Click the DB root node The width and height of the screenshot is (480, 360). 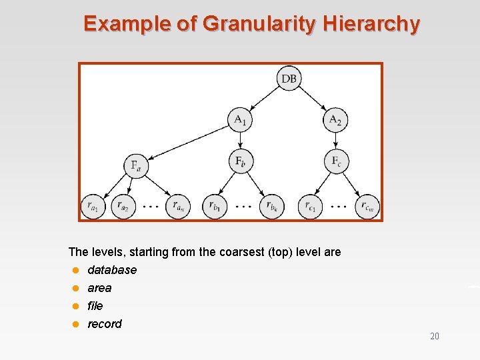[x=289, y=79]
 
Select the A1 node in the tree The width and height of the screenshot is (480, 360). [x=240, y=119]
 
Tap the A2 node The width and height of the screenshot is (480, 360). [x=335, y=119]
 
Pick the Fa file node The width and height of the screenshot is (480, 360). [x=135, y=165]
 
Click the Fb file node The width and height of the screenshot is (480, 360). [x=240, y=161]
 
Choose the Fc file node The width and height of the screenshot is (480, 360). [x=335, y=161]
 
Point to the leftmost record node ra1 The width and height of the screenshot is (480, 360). [x=93, y=207]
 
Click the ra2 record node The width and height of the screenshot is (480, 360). [x=123, y=207]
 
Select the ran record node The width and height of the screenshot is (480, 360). [x=177, y=207]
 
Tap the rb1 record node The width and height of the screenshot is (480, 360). [x=214, y=207]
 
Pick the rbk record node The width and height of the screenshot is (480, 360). [x=272, y=207]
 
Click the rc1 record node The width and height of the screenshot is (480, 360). [x=310, y=207]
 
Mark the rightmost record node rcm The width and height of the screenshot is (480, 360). [x=367, y=207]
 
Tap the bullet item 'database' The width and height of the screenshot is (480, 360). [x=112, y=270]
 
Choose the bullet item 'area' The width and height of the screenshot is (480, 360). [x=99, y=288]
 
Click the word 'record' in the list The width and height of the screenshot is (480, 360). [x=105, y=324]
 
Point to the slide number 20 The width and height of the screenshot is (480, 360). [x=435, y=337]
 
